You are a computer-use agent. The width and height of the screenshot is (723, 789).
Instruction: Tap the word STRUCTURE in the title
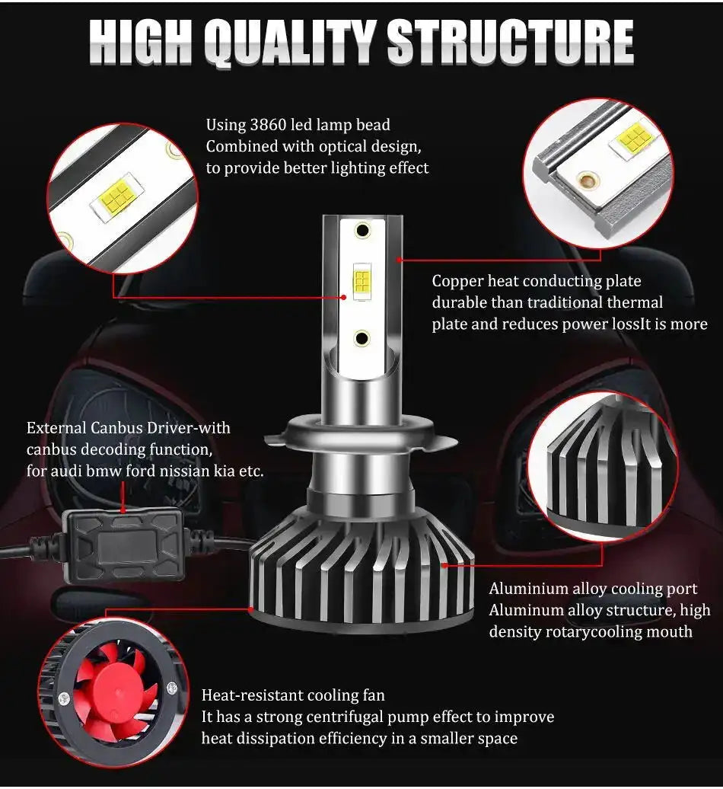click(510, 43)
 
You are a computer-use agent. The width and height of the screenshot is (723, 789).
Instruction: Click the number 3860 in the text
click(269, 125)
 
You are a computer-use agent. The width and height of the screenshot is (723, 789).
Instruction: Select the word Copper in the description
click(457, 282)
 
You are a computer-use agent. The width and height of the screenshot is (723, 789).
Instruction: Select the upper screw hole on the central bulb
click(362, 229)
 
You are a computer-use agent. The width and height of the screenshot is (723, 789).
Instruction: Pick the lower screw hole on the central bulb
click(362, 337)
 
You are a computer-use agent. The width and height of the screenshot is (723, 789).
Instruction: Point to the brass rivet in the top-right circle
click(587, 180)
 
